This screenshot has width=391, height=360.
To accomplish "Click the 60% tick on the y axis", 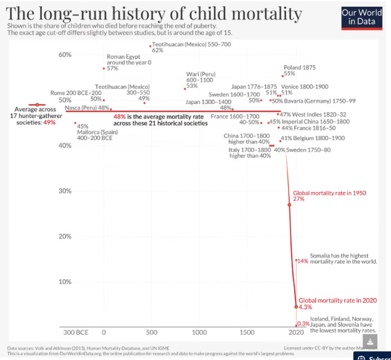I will pyautogui.click(x=65, y=55).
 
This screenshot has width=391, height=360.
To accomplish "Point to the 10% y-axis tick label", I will pyautogui.click(x=65, y=282).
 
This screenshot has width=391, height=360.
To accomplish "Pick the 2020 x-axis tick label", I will pyautogui.click(x=297, y=332).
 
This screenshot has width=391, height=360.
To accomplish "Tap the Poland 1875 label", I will pyautogui.click(x=300, y=67).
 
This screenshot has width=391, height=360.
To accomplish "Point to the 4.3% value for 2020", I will pyautogui.click(x=305, y=307).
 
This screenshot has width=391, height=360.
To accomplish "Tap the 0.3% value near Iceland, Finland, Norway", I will pyautogui.click(x=303, y=324).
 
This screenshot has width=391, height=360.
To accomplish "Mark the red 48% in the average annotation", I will pyautogui.click(x=120, y=116).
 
